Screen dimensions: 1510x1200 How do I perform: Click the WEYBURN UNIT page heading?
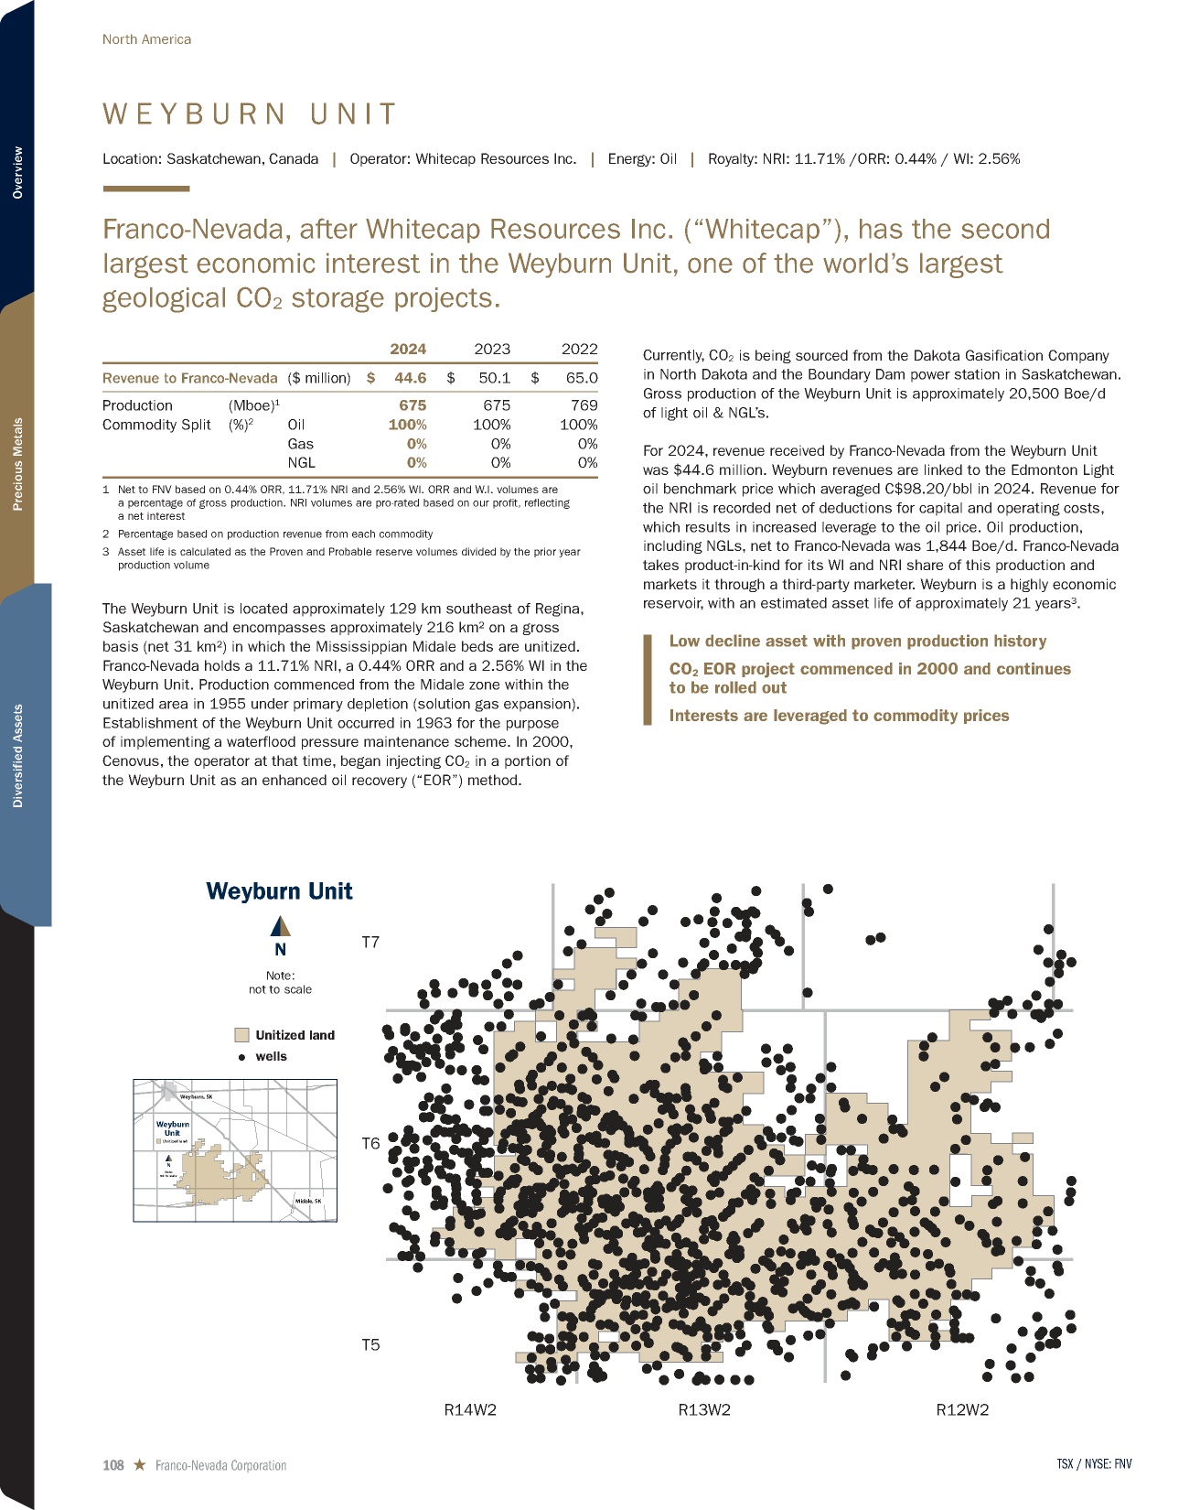point(250,114)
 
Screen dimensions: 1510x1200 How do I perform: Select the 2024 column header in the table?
point(408,349)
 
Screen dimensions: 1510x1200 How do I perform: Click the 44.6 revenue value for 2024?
point(410,377)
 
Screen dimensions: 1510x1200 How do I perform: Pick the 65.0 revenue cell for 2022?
point(581,377)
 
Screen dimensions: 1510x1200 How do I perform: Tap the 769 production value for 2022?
point(584,404)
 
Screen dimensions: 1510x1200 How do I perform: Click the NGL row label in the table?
point(301,463)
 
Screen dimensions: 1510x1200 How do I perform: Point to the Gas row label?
point(300,444)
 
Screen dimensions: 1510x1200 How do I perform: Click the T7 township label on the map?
point(370,942)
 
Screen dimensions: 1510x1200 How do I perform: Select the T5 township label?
point(370,1344)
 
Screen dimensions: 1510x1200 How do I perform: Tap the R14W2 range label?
point(470,1409)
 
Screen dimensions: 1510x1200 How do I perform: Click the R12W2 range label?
point(962,1409)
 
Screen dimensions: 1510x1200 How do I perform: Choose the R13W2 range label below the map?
point(704,1409)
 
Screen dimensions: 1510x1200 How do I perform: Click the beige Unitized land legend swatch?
point(242,1035)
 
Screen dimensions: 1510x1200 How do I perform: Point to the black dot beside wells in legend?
point(242,1057)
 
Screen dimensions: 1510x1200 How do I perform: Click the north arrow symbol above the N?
point(281,927)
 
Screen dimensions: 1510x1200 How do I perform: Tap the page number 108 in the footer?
point(112,1465)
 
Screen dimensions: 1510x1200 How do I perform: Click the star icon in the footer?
point(139,1464)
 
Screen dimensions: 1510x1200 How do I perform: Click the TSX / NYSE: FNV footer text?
point(1094,1463)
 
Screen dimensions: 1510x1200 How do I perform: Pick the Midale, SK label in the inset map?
point(308,1201)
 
